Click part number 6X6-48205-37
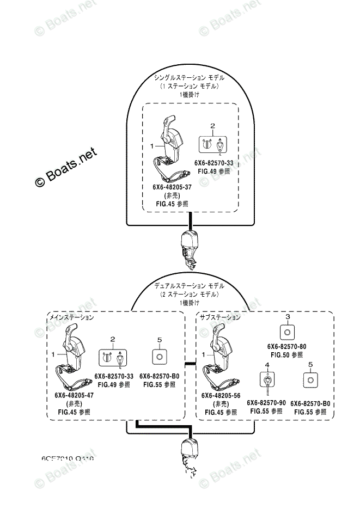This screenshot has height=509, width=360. pos(172,187)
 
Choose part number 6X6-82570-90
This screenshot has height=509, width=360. pos(266,402)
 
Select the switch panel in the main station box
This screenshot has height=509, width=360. pos(112,358)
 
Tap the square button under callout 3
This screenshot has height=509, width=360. pos(287,331)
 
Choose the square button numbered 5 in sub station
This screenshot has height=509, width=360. pos(310,379)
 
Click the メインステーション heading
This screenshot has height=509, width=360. pos(71,317)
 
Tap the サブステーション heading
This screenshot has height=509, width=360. pos(219,317)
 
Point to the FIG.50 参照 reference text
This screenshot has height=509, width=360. pos(287,355)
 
